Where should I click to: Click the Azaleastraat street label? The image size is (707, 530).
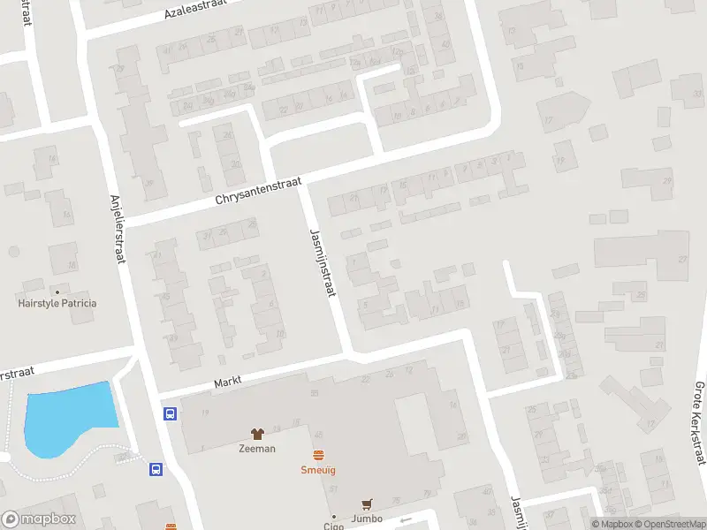point(195,10)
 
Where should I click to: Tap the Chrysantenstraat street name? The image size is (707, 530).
point(259,191)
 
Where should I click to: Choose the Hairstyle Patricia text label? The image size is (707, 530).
point(57,303)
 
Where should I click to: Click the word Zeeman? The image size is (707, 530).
point(257,449)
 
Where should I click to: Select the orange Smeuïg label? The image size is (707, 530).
point(318,470)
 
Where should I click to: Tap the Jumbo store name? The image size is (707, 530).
point(365,519)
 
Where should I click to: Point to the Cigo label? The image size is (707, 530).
point(333,526)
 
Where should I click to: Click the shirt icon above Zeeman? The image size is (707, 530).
point(257,434)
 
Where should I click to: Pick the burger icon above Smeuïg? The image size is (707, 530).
point(318,455)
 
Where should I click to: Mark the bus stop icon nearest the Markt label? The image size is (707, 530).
point(170,413)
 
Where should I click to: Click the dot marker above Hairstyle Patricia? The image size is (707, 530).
point(57,291)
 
